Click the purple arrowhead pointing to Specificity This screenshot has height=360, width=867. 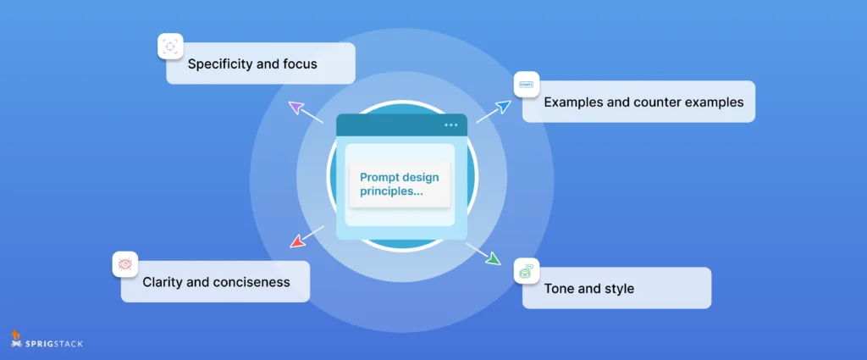coord(295,106)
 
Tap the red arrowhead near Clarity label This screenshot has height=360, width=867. coord(297,241)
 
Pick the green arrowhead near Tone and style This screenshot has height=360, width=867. coord(493,257)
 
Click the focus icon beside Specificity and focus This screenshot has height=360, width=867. coord(170,46)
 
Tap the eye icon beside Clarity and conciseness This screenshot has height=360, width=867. coord(125,263)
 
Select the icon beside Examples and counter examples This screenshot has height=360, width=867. coord(526,85)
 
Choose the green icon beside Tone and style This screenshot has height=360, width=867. coord(526,271)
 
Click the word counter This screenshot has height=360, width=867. coord(649,102)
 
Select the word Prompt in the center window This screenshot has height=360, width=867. coord(381,177)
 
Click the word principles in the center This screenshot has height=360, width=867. coord(389,191)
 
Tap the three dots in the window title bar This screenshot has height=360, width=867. coord(450,125)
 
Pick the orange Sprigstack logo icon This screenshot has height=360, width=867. coord(16,339)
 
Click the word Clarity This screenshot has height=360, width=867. coord(165,282)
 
